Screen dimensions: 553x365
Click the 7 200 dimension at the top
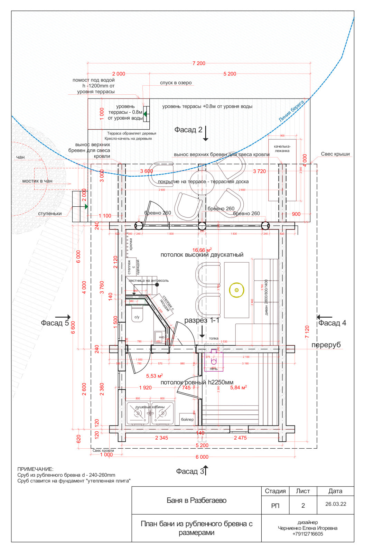[199, 63]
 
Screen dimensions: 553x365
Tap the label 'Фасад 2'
[188, 130]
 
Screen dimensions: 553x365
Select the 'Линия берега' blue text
[291, 111]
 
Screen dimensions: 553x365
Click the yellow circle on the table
[236, 290]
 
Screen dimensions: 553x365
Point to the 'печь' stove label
[214, 369]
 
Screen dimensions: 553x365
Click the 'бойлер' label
[187, 420]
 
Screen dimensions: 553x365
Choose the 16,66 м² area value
[202, 250]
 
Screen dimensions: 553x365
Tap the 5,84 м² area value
[238, 388]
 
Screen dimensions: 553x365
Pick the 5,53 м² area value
[154, 376]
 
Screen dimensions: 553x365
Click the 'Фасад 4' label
[332, 323]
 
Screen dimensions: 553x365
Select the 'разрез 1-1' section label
[202, 320]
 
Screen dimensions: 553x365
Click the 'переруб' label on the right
[326, 345]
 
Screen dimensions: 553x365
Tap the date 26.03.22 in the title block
[336, 504]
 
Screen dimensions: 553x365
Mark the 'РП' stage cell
[275, 506]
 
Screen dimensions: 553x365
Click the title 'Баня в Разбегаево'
[196, 500]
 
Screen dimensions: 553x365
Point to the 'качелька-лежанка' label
[282, 149]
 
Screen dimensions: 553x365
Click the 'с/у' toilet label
[137, 317]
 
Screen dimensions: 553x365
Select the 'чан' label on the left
[20, 157]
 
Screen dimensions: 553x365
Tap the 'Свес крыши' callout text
[335, 154]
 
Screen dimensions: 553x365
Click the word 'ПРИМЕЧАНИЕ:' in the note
[36, 469]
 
